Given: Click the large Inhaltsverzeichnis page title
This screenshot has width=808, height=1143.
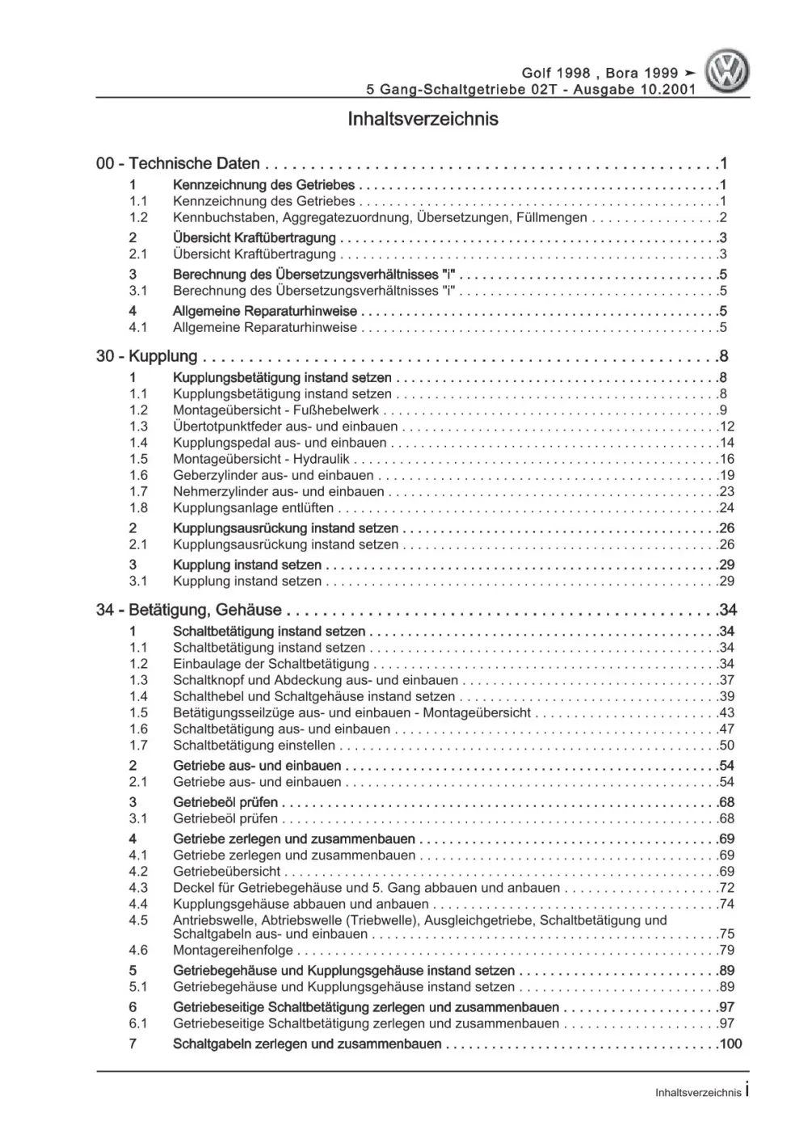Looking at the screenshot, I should coord(423,120).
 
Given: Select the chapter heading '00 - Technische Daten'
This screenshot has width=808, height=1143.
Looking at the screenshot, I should coord(178,163).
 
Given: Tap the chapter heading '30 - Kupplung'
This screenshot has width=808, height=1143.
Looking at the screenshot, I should coord(146,356).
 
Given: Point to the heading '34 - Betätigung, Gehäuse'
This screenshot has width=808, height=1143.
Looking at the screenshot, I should coord(188,610).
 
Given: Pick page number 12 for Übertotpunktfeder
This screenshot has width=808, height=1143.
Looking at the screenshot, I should coord(726,427).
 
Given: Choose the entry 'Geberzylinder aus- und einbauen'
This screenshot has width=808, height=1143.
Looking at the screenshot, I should coord(273,475).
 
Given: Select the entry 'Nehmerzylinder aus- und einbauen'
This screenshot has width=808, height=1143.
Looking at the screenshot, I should coord(278,491).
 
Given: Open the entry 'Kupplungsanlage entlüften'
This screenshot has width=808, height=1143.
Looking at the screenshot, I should coord(253,508).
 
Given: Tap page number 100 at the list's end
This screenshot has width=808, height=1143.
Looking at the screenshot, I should coord(730,1044).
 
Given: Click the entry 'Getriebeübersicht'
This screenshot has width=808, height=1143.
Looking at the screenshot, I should coord(226,872).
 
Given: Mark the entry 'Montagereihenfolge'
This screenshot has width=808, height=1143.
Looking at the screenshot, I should coord(233,951).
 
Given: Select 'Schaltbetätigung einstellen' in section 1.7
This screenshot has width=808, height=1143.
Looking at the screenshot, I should coord(254,746).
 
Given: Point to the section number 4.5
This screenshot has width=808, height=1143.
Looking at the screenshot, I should coord(138,920).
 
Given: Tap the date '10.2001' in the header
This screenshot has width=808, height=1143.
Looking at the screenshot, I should coord(667,90).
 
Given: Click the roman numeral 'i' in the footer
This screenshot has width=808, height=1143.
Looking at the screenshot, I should coord(747,1090).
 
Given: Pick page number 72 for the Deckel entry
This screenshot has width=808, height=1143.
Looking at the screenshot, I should coord(726,888).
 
